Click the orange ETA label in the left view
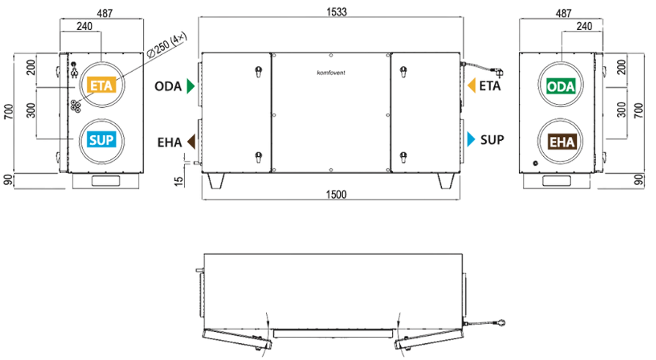point(101,85)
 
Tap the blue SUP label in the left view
point(101,139)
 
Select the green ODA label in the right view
point(561,87)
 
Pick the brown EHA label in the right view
point(561,142)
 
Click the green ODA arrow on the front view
point(191,86)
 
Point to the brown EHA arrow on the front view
point(191,142)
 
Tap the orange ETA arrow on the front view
point(471,85)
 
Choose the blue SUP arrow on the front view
point(471,139)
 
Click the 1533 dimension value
point(336,11)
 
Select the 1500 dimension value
point(336,194)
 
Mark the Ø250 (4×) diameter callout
point(167,46)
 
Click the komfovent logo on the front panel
point(331,73)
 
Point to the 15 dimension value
point(179,181)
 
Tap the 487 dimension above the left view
point(105,13)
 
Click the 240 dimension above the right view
point(584,26)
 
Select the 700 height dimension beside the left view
point(9,111)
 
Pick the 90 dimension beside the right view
point(638,180)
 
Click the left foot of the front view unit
point(216,181)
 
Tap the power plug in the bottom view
point(500,323)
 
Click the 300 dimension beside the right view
point(622,110)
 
